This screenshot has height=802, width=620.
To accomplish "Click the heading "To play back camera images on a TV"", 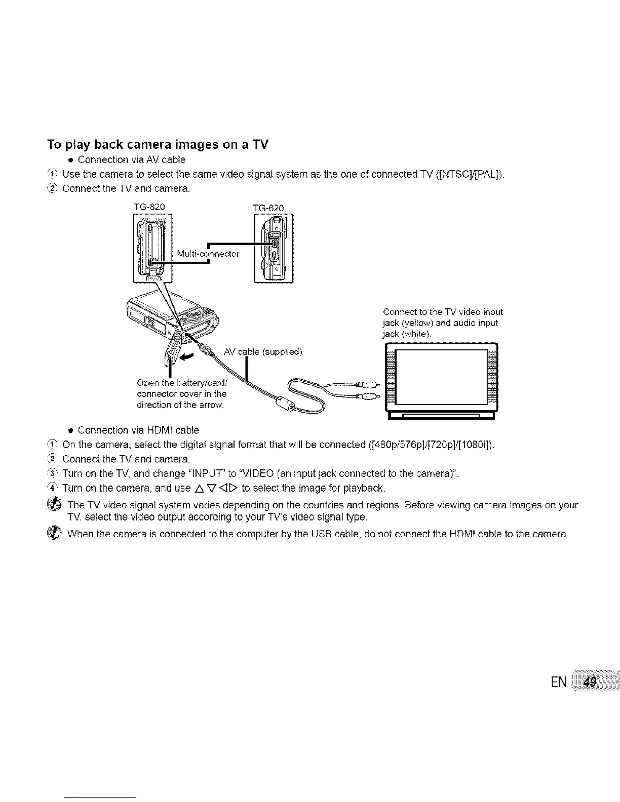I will point(158,145).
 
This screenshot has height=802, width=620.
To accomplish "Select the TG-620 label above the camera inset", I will point(268,208).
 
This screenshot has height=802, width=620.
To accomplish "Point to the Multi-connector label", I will point(208,254).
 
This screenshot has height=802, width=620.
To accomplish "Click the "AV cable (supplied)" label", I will point(262,352).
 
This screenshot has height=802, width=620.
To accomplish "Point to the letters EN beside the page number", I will point(559,683).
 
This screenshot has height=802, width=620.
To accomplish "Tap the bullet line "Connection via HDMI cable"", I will point(138,430).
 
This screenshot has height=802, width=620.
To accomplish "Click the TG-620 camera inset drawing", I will point(273,248).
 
